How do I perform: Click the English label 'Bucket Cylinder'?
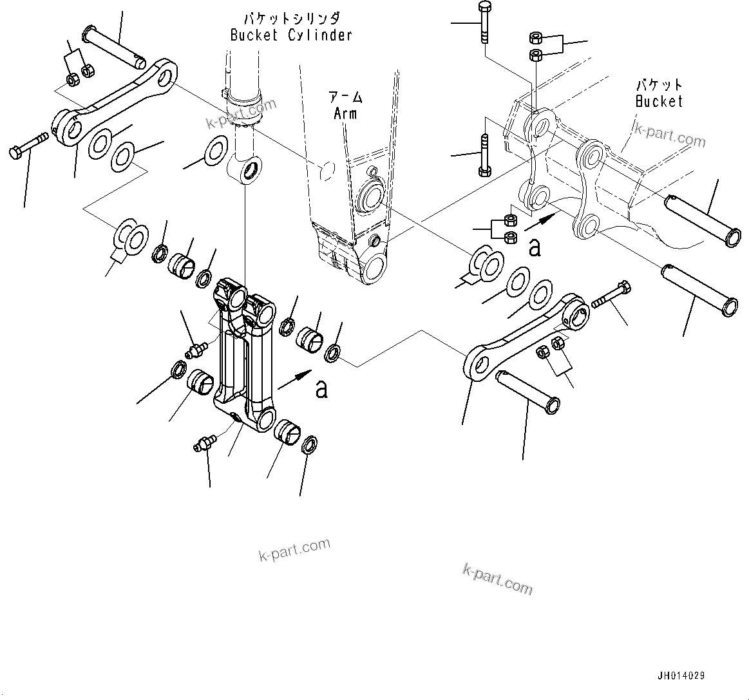pyautogui.click(x=291, y=35)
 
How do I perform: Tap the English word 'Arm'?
pyautogui.click(x=345, y=114)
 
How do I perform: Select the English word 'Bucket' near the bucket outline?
pyautogui.click(x=658, y=101)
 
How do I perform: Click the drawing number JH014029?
pyautogui.click(x=681, y=676)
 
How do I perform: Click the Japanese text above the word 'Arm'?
pyautogui.click(x=346, y=98)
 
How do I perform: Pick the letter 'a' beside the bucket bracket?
pyautogui.click(x=535, y=247)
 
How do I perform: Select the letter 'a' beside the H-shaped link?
pyautogui.click(x=321, y=389)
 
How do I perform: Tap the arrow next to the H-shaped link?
pyautogui.click(x=294, y=380)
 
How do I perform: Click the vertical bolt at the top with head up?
pyautogui.click(x=484, y=23)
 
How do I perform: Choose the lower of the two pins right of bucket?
pyautogui.click(x=697, y=289)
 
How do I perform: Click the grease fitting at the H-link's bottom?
pyautogui.click(x=205, y=443)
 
